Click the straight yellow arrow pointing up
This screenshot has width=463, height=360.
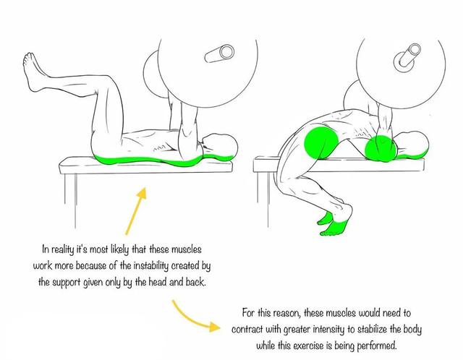click(135, 210)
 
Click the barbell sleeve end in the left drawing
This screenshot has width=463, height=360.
click(220, 53)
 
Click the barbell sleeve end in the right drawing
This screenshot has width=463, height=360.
click(407, 56)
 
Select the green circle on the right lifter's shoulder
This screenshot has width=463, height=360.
click(381, 150)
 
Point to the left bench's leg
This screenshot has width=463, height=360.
click(70, 201)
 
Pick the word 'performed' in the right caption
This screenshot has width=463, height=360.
click(377, 346)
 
